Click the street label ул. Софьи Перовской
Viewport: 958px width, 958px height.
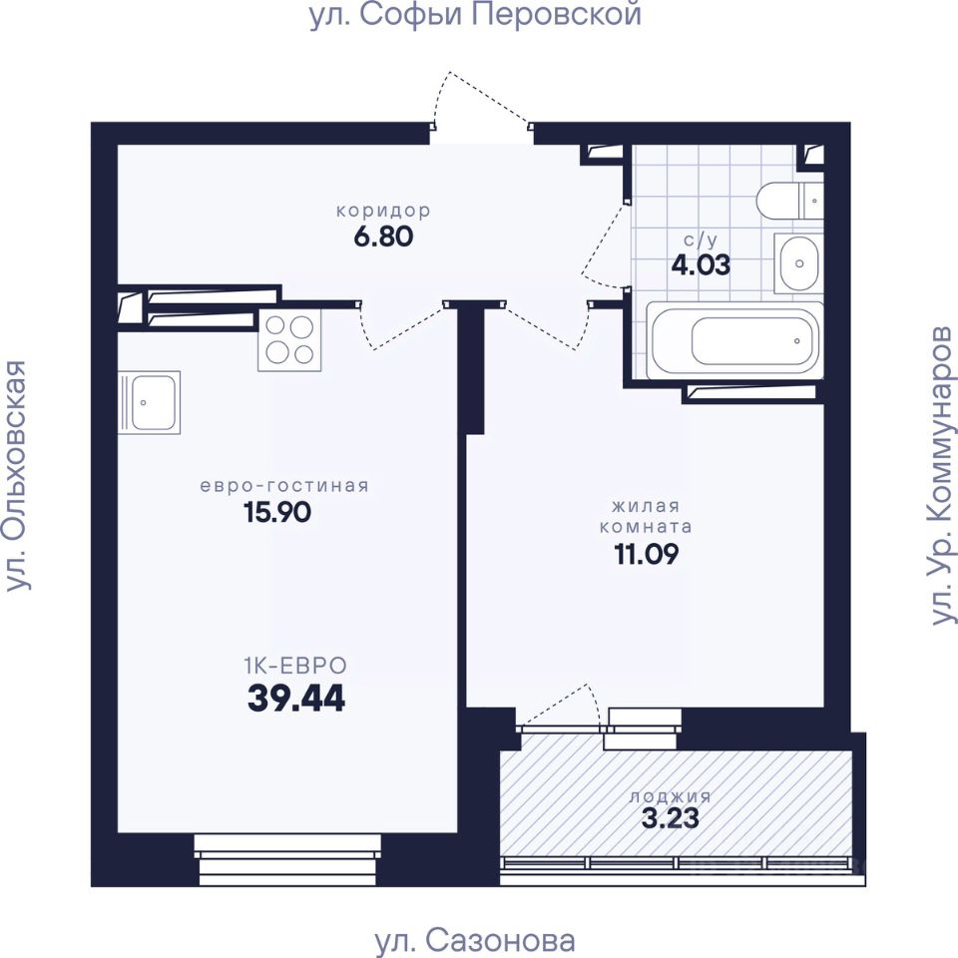pyautogui.click(x=475, y=15)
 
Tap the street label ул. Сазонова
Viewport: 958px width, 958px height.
pyautogui.click(x=475, y=941)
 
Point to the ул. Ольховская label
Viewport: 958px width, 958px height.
pyautogui.click(x=17, y=475)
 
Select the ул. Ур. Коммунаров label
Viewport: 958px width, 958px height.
pyautogui.click(x=940, y=475)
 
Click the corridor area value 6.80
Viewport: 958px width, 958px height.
pyautogui.click(x=383, y=237)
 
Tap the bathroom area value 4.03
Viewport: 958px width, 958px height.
pyautogui.click(x=701, y=265)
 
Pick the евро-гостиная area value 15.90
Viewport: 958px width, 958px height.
pyautogui.click(x=277, y=512)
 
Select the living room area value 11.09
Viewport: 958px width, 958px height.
pyautogui.click(x=646, y=554)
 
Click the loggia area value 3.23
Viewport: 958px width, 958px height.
pyautogui.click(x=671, y=818)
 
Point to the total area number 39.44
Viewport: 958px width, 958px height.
pyautogui.click(x=296, y=698)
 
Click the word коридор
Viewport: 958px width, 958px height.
pyautogui.click(x=383, y=211)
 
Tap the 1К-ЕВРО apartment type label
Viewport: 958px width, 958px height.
pyautogui.click(x=295, y=665)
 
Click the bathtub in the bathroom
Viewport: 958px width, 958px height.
pyautogui.click(x=734, y=340)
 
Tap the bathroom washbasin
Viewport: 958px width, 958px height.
pyautogui.click(x=798, y=263)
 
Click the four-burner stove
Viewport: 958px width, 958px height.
pyautogui.click(x=289, y=340)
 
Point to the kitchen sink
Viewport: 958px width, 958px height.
pyautogui.click(x=149, y=402)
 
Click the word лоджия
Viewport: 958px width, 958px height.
pyautogui.click(x=671, y=796)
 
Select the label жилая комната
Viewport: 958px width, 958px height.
pyautogui.click(x=646, y=516)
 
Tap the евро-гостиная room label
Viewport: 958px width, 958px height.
pyautogui.click(x=284, y=486)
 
